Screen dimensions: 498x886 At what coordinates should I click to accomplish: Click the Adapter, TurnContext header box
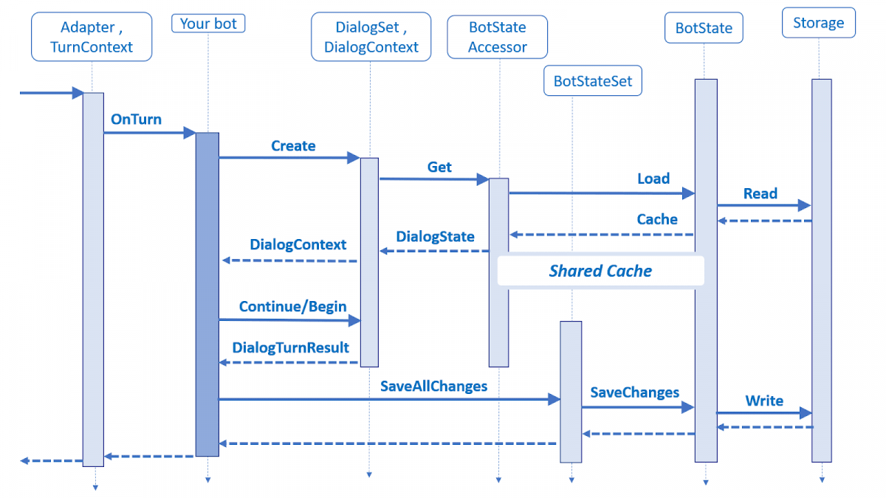pyautogui.click(x=92, y=37)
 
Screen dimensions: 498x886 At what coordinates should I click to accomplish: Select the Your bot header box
pyautogui.click(x=208, y=24)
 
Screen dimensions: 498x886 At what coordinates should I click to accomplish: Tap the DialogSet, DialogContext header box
pyautogui.click(x=371, y=37)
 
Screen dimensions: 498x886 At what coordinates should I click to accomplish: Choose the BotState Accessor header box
pyautogui.click(x=498, y=37)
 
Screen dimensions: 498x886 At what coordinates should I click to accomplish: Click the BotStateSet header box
pyautogui.click(x=593, y=81)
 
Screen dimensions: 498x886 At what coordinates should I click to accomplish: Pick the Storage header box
pyautogui.click(x=818, y=23)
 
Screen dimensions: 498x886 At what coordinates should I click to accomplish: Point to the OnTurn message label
pyautogui.click(x=136, y=120)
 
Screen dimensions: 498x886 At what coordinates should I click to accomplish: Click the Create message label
pyautogui.click(x=293, y=146)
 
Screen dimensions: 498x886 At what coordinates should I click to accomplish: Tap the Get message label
pyautogui.click(x=439, y=167)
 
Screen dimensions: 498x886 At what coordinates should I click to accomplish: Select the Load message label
pyautogui.click(x=653, y=179)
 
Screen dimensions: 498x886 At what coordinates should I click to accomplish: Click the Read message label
pyautogui.click(x=760, y=194)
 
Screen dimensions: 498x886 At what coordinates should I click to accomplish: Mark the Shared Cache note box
pyautogui.click(x=600, y=271)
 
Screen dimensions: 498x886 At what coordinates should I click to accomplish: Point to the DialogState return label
pyautogui.click(x=435, y=237)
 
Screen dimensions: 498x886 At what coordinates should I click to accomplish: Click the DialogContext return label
pyautogui.click(x=298, y=245)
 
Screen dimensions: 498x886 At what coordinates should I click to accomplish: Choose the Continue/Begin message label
pyautogui.click(x=292, y=306)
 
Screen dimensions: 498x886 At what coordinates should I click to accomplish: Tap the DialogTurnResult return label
pyautogui.click(x=290, y=347)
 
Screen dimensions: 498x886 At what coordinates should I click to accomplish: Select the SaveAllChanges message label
pyautogui.click(x=433, y=386)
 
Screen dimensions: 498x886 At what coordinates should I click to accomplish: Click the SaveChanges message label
pyautogui.click(x=635, y=392)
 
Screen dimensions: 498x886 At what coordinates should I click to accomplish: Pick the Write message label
pyautogui.click(x=764, y=401)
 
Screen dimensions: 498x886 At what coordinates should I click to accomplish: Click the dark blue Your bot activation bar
pyautogui.click(x=207, y=295)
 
